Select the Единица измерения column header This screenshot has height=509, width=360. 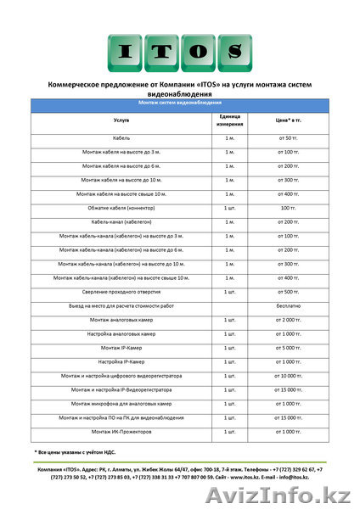[x=229, y=120]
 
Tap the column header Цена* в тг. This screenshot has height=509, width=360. [x=289, y=120]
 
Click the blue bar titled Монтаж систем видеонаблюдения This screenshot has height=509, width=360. [x=180, y=102]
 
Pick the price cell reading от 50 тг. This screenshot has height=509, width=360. [x=289, y=137]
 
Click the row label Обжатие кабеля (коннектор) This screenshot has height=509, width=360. [x=121, y=207]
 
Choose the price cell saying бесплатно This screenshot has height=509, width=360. [x=289, y=305]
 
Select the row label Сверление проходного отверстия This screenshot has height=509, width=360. [x=121, y=291]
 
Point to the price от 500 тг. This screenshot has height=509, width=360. [x=289, y=291]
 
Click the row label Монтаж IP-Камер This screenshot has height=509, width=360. [x=121, y=348]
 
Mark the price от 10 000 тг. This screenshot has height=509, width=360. [x=289, y=376]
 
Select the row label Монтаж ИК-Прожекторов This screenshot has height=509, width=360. [x=121, y=432]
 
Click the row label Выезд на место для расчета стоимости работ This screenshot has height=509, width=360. [x=121, y=305]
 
